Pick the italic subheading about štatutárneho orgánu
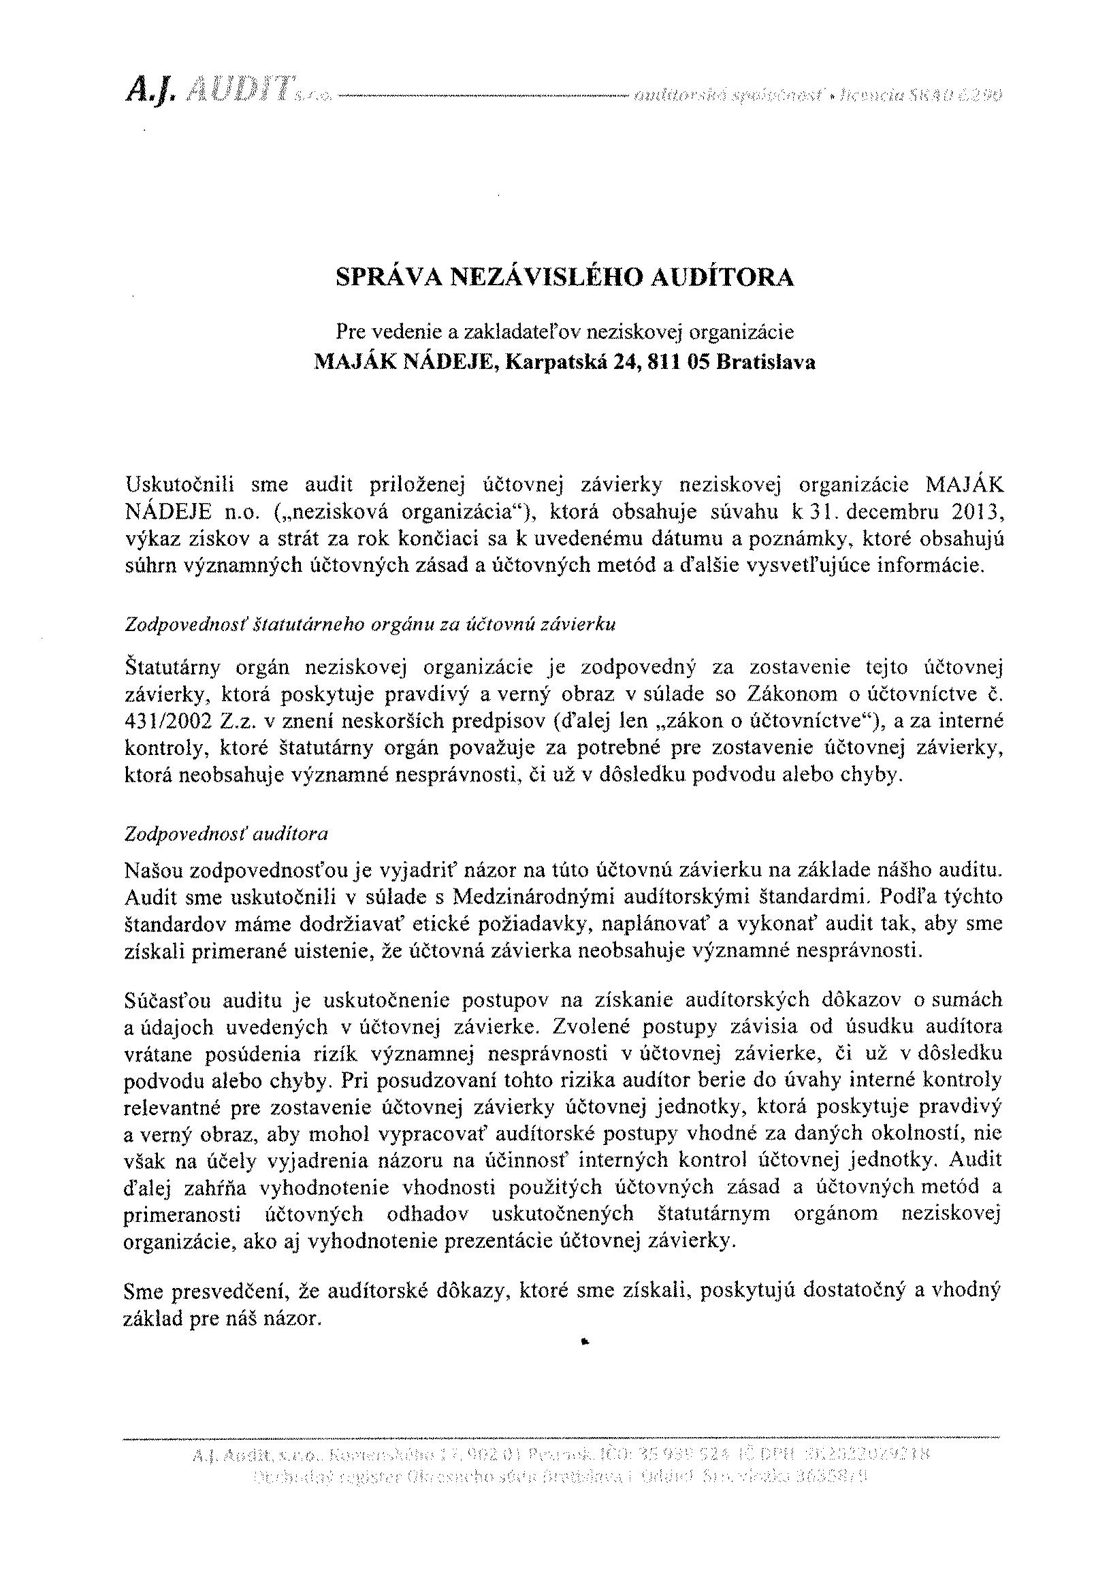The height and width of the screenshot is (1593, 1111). pyautogui.click(x=370, y=624)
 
